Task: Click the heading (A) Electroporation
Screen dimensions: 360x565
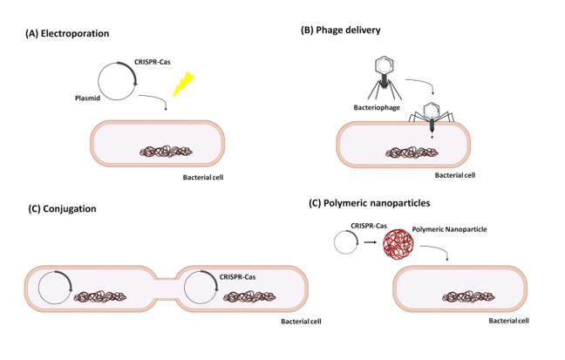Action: [x=69, y=34]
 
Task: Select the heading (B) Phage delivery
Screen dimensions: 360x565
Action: [x=341, y=30]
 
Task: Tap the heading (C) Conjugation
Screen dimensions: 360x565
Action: [x=63, y=208]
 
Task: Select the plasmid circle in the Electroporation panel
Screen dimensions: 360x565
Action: [x=116, y=82]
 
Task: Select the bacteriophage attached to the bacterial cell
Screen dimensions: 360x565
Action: [x=432, y=116]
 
